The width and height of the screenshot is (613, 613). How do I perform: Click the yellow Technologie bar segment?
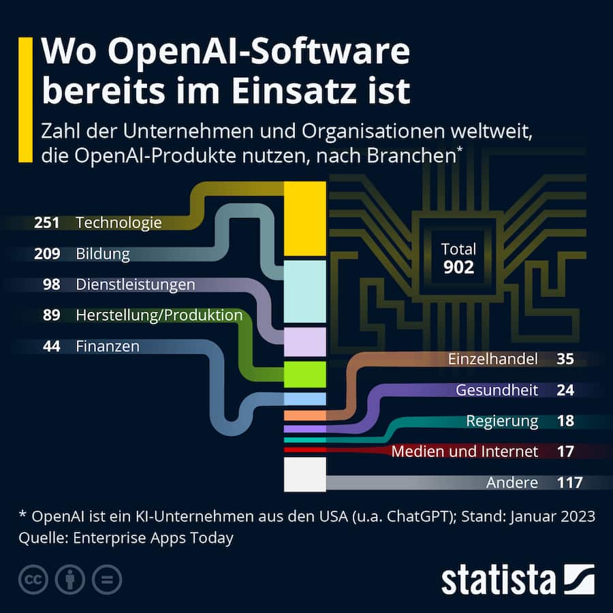304,219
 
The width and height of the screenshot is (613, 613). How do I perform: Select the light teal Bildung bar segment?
304,292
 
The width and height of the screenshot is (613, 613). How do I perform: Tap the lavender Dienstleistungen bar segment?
304,342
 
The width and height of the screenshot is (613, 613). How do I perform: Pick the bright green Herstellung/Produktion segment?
304,374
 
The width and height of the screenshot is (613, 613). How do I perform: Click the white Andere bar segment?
304,474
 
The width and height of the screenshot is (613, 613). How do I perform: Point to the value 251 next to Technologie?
47,223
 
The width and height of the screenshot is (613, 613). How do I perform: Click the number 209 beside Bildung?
47,254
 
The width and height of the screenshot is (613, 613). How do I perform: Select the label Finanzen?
108,346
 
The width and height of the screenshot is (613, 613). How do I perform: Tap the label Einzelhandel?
493,359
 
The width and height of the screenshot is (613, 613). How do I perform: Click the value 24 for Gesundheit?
565,390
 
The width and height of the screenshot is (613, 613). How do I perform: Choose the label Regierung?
502,421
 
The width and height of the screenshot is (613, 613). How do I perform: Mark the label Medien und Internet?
465,452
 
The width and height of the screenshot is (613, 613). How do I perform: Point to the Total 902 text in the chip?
458,259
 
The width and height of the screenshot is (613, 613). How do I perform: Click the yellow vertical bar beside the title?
25,100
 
